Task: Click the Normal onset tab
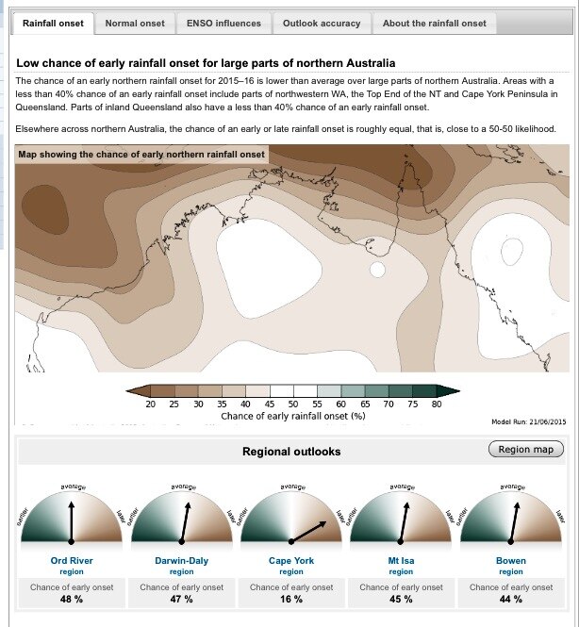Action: [135, 23]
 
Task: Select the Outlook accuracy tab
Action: [321, 23]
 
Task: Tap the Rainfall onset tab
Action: [53, 23]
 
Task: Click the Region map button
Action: [526, 450]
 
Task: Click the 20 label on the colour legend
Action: [151, 404]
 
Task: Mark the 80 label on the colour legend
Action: [435, 404]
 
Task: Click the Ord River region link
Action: [72, 561]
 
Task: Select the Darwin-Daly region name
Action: [181, 561]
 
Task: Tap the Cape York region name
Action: [291, 561]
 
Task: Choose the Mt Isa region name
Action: [401, 561]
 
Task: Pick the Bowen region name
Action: [510, 561]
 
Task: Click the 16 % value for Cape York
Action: [291, 600]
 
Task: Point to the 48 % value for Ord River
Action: [72, 600]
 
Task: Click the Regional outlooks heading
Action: [291, 452]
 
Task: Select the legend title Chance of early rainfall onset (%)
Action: [292, 415]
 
